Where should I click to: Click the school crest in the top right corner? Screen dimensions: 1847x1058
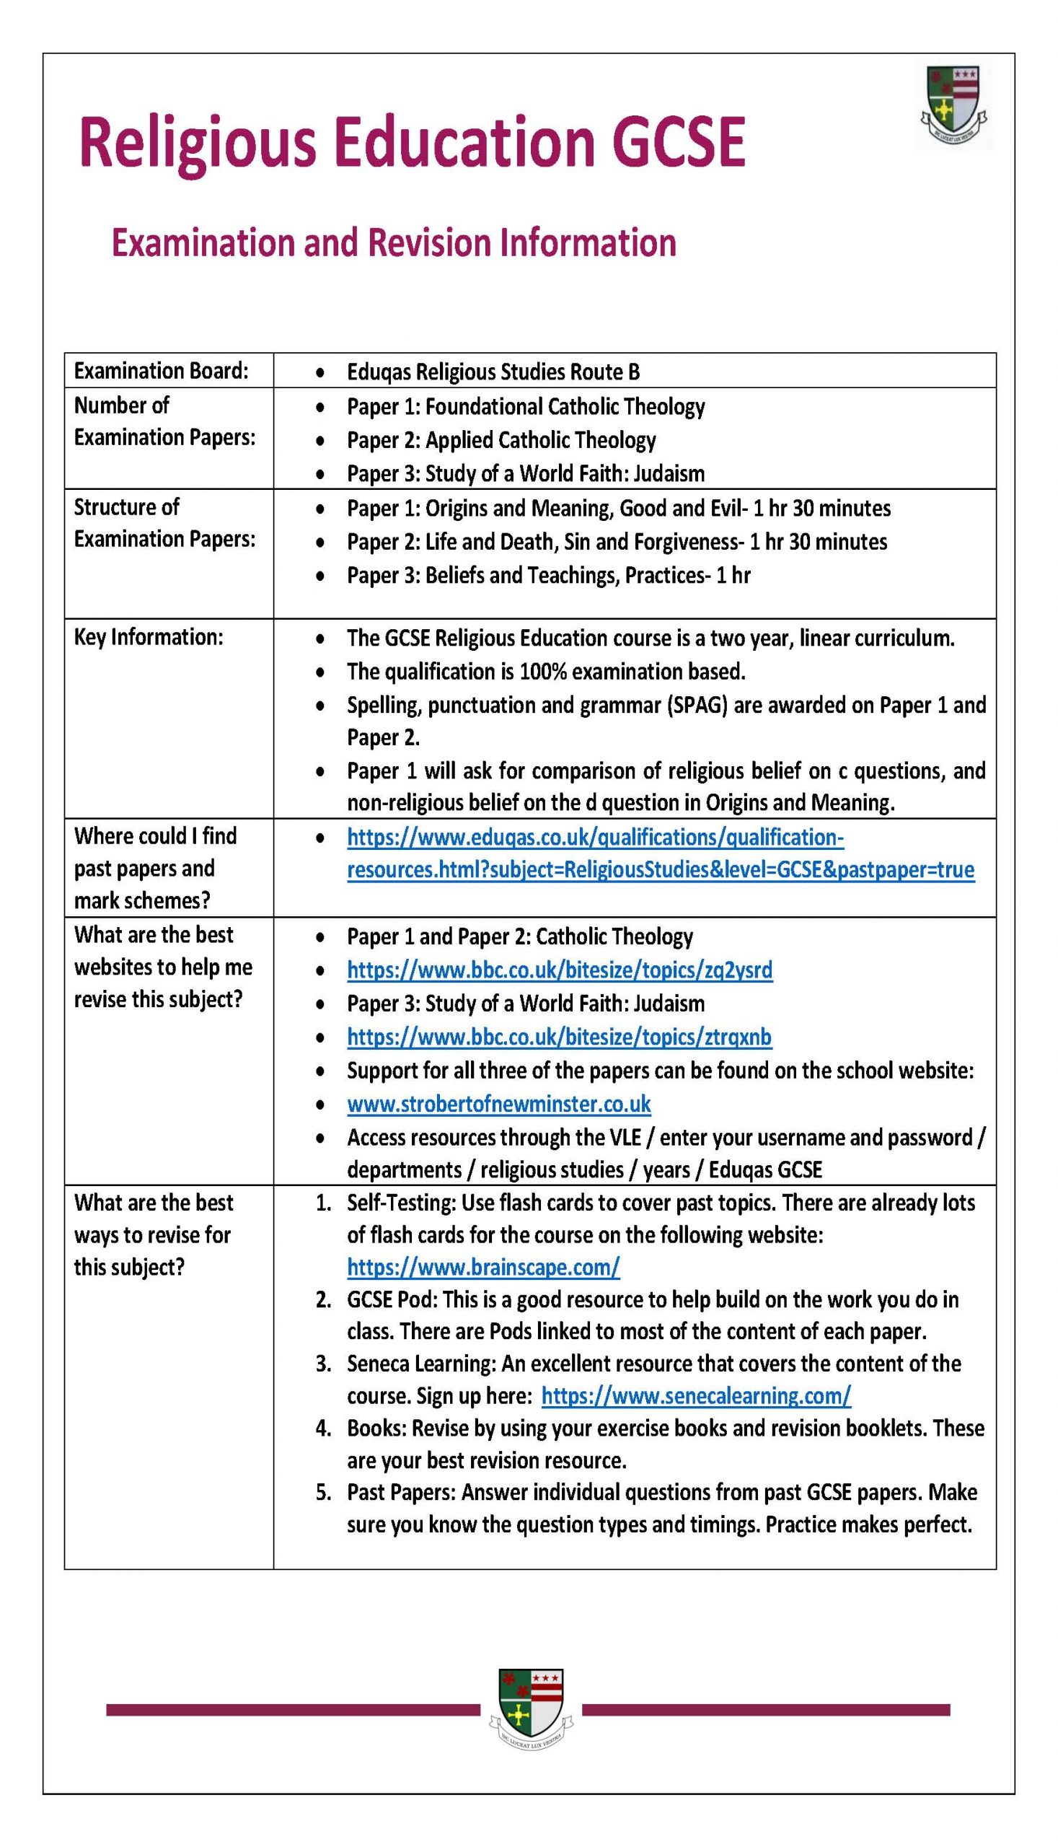pos(953,105)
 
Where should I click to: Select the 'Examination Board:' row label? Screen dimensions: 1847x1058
pos(161,371)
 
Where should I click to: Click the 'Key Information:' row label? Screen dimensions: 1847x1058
pos(149,637)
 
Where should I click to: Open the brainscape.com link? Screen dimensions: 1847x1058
pos(483,1268)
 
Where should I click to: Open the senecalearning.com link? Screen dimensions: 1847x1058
pos(695,1395)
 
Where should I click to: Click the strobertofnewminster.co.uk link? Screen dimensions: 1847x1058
pos(498,1104)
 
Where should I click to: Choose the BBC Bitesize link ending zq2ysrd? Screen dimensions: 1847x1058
pos(560,970)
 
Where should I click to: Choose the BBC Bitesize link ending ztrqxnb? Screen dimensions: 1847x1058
pos(559,1037)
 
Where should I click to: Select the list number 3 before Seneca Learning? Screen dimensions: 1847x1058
pos(323,1364)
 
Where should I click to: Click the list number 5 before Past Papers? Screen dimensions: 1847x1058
pos(323,1492)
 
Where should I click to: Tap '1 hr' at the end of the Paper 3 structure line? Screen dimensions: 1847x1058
pos(733,576)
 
